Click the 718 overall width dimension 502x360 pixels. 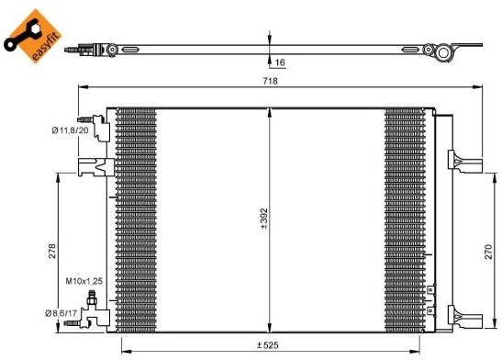[270, 81]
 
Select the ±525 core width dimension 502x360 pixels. [268, 345]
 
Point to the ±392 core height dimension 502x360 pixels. [264, 219]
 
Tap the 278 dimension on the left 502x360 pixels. [52, 251]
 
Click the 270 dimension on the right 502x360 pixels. [488, 252]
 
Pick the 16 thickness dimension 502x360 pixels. [280, 62]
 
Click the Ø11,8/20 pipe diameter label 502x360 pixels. [70, 130]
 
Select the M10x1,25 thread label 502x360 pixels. [84, 281]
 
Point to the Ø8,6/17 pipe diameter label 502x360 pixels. [61, 313]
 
